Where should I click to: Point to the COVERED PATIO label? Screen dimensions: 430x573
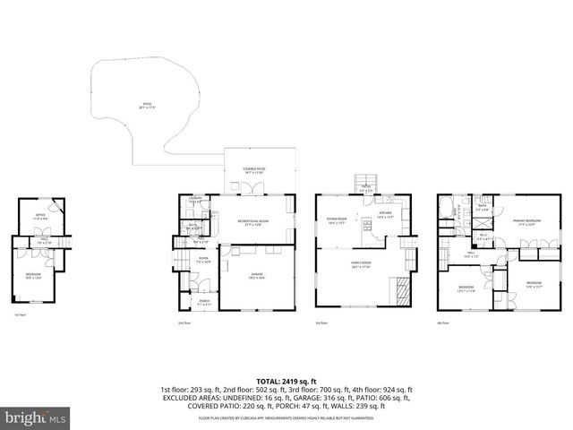(x=254, y=169)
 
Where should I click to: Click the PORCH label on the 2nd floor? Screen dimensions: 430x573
(x=204, y=302)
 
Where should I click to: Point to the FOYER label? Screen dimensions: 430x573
(x=203, y=261)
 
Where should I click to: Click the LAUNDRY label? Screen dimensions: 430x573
(x=196, y=201)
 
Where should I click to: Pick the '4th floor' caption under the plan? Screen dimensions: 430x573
(x=440, y=322)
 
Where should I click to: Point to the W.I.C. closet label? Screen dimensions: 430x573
(x=483, y=236)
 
